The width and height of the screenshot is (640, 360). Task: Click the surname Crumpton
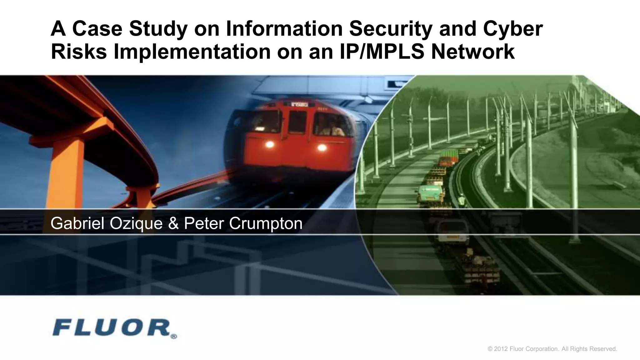(x=266, y=223)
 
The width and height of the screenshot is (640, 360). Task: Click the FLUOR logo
(x=111, y=328)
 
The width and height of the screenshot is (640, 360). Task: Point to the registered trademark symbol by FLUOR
(x=174, y=337)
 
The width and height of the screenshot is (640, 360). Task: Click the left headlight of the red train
(x=269, y=144)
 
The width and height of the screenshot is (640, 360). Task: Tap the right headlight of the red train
(x=322, y=147)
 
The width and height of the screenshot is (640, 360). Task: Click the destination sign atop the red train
(x=299, y=104)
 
